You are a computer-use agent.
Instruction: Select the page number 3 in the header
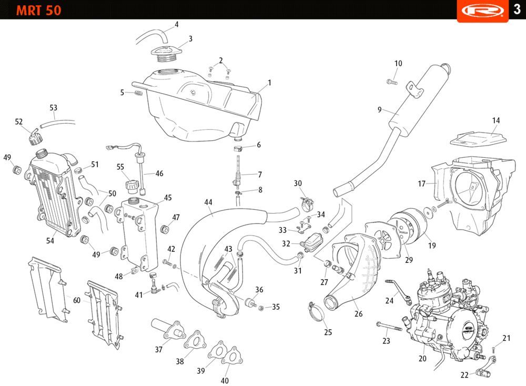click(517, 10)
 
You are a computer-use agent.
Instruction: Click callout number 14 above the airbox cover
click(496, 120)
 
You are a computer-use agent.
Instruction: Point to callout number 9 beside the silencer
click(379, 109)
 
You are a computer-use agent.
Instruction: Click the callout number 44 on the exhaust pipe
click(208, 202)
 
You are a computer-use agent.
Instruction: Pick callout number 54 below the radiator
click(50, 240)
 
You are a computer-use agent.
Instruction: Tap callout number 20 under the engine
click(422, 359)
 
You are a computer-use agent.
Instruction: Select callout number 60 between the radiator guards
click(77, 300)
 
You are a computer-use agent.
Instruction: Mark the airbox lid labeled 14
click(479, 138)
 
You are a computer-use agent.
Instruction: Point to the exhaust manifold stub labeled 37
click(167, 329)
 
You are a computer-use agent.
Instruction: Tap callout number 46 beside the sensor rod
click(159, 173)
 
